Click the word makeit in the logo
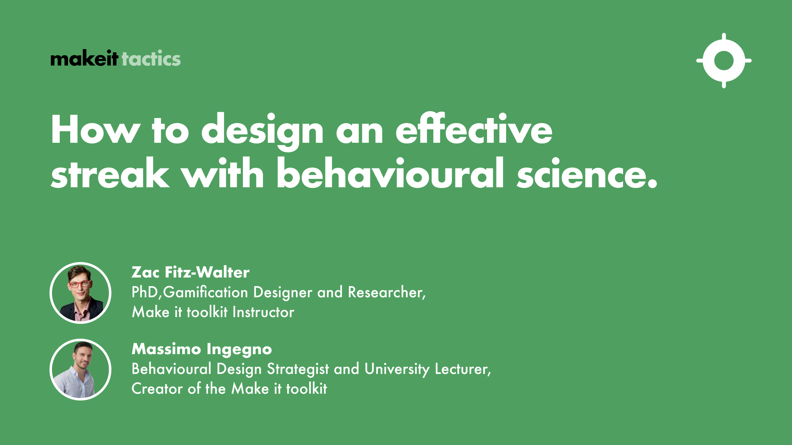84,58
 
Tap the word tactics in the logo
151,58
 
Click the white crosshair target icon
724,61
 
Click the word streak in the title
110,174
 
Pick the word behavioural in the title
390,174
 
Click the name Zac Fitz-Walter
190,272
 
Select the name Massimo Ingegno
202,349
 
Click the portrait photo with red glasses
80,293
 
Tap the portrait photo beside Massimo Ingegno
80,370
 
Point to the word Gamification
205,293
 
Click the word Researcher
386,292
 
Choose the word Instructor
263,312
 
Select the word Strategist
298,369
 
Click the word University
397,369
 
